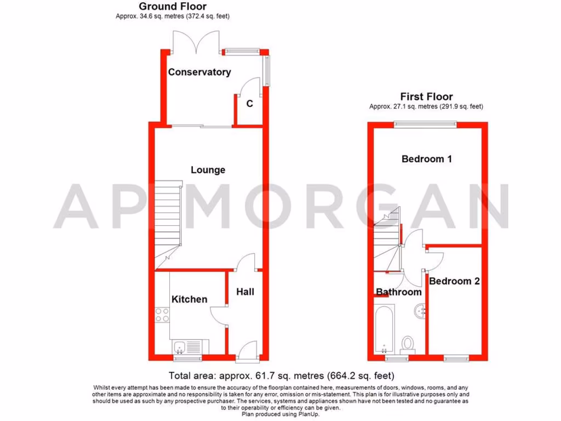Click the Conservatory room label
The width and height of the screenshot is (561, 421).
pos(199,72)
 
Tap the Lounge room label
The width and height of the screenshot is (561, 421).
pos(208,170)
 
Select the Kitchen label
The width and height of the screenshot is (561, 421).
pos(190,299)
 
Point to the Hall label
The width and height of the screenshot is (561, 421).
pos(245,292)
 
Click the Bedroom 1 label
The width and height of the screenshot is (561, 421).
pos(427,159)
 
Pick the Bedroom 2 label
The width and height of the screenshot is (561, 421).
pos(454,281)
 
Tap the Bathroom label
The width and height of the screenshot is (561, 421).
pos(398,292)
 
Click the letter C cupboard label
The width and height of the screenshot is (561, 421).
pos(249,103)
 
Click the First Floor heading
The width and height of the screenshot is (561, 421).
pos(426,97)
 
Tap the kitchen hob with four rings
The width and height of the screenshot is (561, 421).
pos(162,315)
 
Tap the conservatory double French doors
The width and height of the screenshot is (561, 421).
pos(196,42)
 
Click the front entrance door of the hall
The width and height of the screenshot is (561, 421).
pos(247,351)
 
